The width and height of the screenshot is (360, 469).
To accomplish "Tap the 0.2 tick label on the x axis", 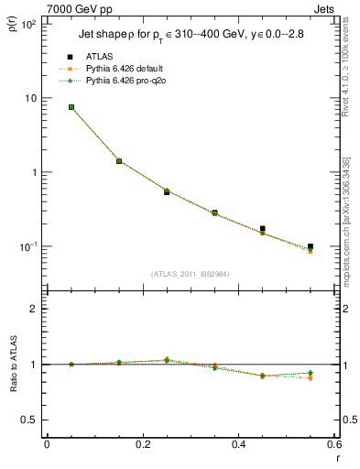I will click(x=143, y=446).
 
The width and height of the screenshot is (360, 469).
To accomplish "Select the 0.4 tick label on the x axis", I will click(x=239, y=446).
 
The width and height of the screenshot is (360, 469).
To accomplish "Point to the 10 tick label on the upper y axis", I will click(x=30, y=98).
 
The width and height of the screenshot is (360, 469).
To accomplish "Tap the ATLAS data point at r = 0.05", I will click(x=71, y=107).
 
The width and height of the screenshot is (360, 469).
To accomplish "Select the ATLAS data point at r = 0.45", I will click(x=263, y=229).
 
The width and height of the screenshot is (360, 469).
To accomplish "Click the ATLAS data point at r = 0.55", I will click(x=311, y=246).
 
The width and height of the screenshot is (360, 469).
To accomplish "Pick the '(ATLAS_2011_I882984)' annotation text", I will click(x=190, y=274).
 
